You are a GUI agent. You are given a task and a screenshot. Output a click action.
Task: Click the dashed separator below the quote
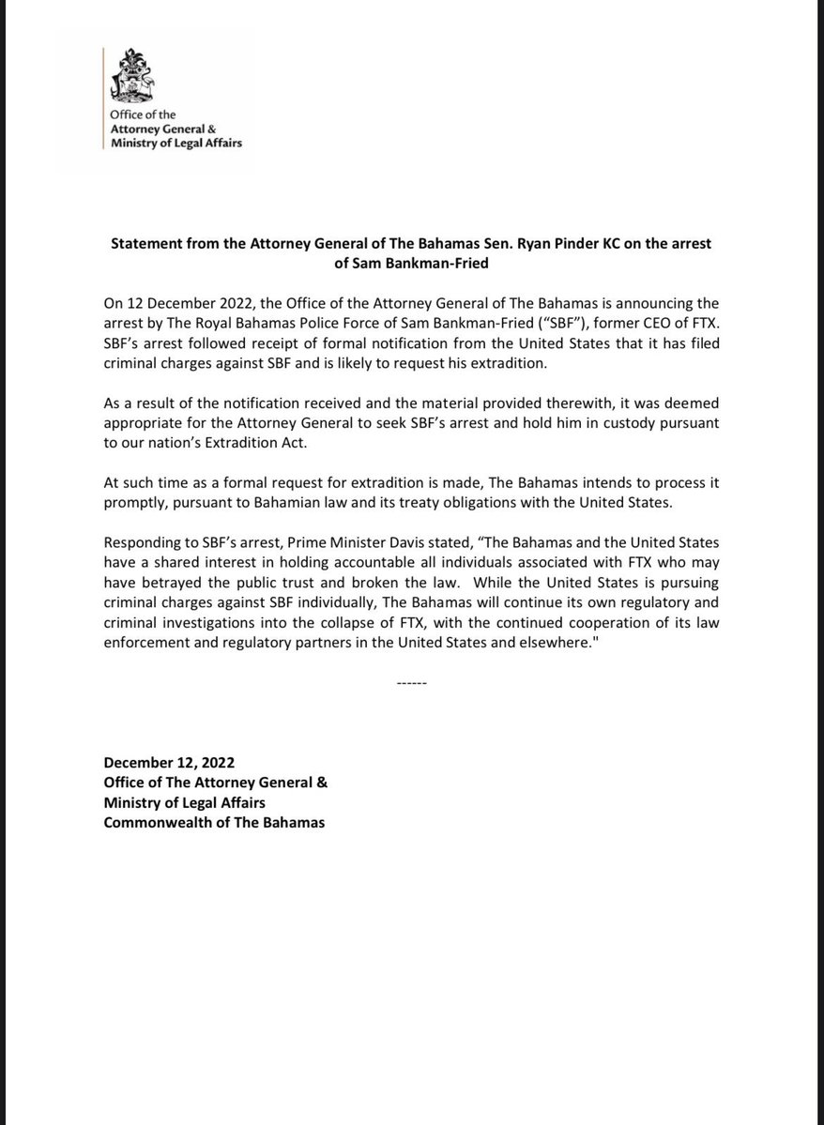[412, 682]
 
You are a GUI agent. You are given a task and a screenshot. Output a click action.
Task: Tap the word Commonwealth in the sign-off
[156, 823]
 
